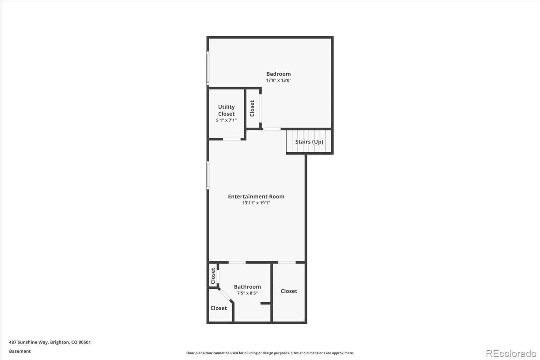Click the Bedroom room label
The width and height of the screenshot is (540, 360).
tap(278, 74)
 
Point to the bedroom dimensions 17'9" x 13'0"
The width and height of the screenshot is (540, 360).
tap(278, 80)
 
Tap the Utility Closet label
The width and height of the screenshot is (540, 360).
tap(226, 110)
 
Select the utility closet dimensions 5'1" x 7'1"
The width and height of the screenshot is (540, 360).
tap(226, 120)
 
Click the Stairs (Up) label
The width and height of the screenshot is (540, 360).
tap(309, 142)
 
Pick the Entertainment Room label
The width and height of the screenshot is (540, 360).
tap(256, 196)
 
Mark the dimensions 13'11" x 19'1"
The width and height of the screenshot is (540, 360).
tap(256, 203)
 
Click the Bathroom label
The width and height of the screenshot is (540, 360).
tap(247, 287)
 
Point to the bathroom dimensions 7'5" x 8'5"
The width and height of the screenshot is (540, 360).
tap(247, 293)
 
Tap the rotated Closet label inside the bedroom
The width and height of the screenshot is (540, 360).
tap(252, 108)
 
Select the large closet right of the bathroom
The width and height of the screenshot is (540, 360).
tap(289, 291)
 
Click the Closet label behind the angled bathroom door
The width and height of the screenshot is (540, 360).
tap(218, 308)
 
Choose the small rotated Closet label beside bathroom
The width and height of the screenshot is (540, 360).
tap(213, 276)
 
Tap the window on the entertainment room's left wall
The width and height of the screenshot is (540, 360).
tap(208, 175)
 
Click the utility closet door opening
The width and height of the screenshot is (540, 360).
tap(232, 139)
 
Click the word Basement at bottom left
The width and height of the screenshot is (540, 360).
tap(20, 351)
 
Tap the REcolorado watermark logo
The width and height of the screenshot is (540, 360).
tap(511, 353)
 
